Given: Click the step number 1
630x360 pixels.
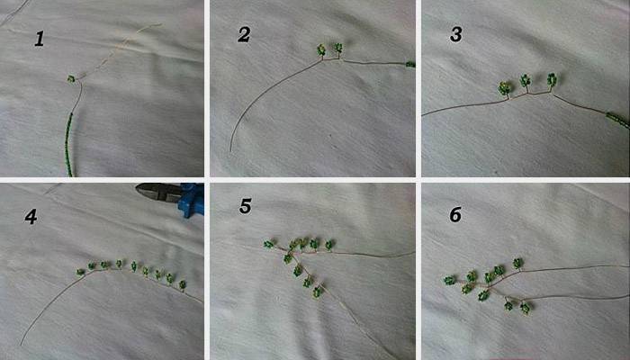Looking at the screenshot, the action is tap(39, 40).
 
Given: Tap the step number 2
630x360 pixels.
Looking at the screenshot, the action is tap(244, 35).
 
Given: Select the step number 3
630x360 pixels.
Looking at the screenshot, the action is tap(455, 35).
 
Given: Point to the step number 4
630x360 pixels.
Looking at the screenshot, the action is tap(31, 217).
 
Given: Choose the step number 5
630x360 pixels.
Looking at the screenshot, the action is tap(245, 206).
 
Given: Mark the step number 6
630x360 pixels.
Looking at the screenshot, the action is tap(455, 215).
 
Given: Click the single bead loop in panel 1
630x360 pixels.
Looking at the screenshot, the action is tap(71, 79).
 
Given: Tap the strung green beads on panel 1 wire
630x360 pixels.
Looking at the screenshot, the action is tap(69, 145).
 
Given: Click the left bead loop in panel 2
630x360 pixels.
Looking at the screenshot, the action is tap(321, 49).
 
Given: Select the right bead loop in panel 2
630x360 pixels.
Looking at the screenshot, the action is tap(338, 49).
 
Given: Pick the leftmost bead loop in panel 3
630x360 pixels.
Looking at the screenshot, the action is tap(504, 87).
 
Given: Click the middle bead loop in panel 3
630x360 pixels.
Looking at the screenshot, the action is tap(525, 80).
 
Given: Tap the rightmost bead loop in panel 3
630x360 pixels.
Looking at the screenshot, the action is tap(552, 79).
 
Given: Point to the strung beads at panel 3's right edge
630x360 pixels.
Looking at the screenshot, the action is tap(618, 120).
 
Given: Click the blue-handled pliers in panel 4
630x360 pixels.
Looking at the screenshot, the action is tap(170, 197).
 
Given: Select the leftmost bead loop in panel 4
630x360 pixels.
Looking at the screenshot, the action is tap(81, 272).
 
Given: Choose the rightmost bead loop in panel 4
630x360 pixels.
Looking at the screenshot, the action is tap(183, 285).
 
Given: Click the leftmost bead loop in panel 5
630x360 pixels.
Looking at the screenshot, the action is tap(268, 244).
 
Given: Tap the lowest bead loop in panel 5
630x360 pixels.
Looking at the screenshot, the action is tap(318, 292).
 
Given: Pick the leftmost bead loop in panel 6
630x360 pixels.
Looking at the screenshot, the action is tap(450, 280).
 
